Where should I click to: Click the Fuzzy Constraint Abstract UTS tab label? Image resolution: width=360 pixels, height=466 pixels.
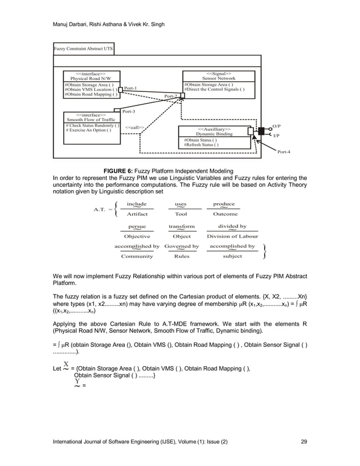coord(83,49)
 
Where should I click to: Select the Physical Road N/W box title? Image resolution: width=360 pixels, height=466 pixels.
coord(94,78)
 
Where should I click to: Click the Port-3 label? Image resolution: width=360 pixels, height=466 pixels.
coord(129,112)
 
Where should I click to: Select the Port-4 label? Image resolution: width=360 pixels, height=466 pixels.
coord(284,152)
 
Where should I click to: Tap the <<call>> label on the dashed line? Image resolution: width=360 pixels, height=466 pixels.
coord(134,128)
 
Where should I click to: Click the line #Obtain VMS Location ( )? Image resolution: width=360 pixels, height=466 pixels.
coord(91,89)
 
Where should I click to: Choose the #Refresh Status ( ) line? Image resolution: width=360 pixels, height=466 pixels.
coord(201,145)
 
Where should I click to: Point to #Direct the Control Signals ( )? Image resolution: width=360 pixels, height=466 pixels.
coord(214,89)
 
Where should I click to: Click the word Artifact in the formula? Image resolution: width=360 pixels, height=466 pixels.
coord(137,214)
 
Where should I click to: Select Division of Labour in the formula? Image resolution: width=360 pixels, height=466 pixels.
coord(232,236)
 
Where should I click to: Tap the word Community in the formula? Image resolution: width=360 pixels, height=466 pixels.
coord(137,256)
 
